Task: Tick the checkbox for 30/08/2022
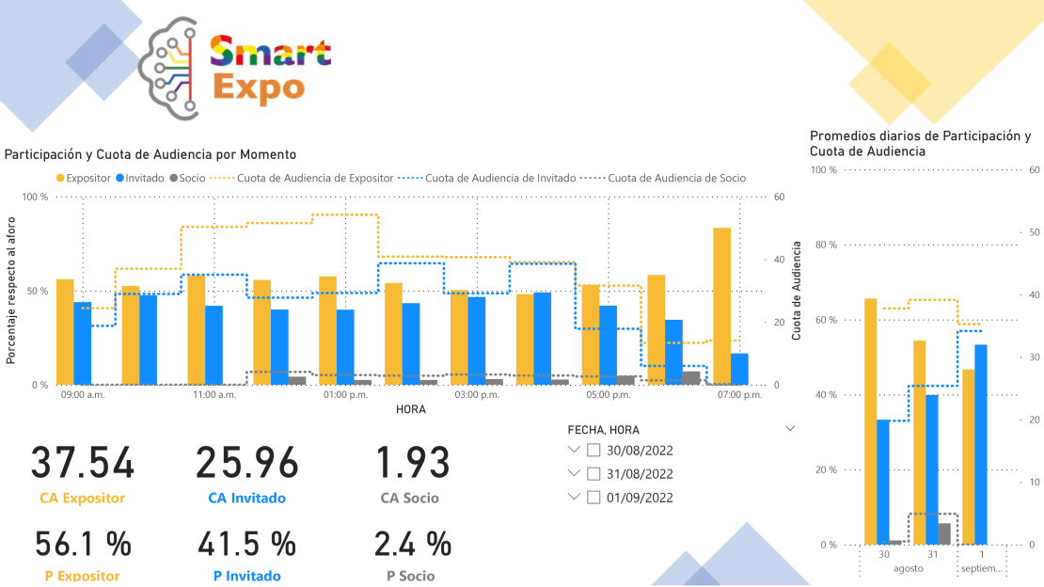point(593,451)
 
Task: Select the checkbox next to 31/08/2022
point(593,474)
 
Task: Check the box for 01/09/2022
point(593,498)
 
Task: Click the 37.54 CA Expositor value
point(83,463)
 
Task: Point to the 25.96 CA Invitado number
point(246,463)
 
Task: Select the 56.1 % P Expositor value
point(83,544)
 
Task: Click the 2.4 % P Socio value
point(412,544)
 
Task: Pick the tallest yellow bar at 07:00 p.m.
point(721,306)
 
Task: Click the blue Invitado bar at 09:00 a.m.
point(83,343)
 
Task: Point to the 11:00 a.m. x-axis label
point(214,395)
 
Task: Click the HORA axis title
point(410,409)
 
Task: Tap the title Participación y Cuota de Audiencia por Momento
point(150,154)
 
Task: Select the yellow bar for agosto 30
point(870,421)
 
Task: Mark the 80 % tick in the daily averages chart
point(825,245)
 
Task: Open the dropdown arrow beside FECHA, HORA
point(789,427)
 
